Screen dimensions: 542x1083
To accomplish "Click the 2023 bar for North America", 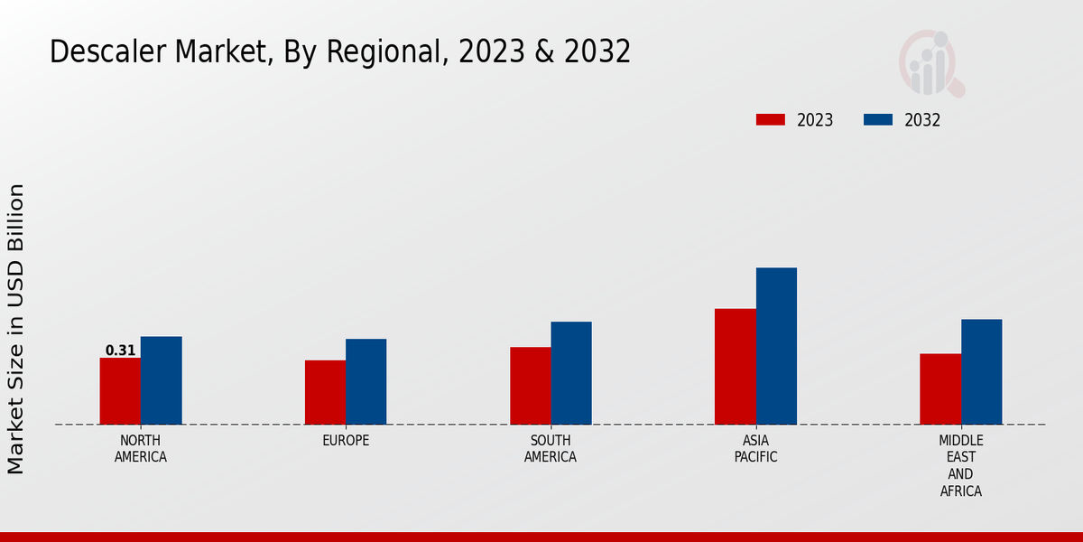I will click(120, 391).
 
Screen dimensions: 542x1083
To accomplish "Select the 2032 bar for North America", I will click(161, 380).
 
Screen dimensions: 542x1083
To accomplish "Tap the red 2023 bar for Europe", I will click(325, 392).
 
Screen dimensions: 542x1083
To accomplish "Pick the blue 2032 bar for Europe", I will click(366, 381).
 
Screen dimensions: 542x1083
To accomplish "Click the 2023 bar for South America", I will click(530, 386).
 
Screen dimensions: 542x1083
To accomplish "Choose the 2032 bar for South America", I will click(571, 373).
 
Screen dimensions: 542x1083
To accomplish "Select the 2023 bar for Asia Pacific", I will click(736, 367).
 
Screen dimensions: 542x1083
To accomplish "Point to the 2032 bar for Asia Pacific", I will click(776, 346).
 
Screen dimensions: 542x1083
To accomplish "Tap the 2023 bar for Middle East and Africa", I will click(940, 388).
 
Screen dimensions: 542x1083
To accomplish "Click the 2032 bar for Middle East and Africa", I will click(981, 371).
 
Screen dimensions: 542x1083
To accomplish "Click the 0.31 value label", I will click(120, 350).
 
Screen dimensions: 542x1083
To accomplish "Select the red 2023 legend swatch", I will click(771, 120).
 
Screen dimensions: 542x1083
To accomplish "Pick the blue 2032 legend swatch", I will click(878, 120).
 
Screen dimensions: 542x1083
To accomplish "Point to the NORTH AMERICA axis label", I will click(141, 448).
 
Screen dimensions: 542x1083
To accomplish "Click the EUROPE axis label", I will click(346, 441).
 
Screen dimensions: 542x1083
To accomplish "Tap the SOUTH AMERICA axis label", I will click(551, 448).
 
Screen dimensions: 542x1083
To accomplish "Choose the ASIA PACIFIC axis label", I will click(756, 448).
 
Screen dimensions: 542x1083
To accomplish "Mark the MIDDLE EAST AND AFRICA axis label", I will click(961, 465).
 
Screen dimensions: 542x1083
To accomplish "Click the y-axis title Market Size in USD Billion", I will click(16, 329).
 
